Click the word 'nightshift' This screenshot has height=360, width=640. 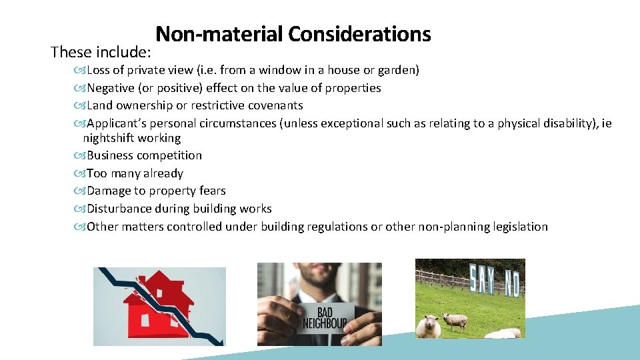110,138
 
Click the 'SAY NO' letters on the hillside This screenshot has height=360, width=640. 494,281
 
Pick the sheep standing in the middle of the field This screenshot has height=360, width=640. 454,321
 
